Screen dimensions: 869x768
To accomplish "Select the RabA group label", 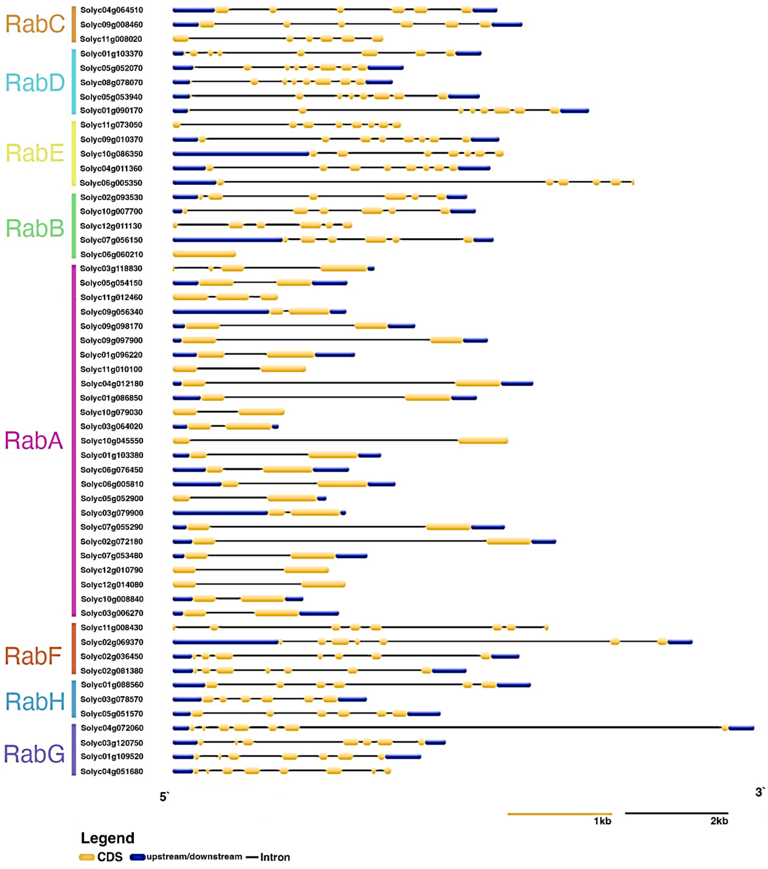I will [x=34, y=440].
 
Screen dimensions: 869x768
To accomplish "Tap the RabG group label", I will [x=34, y=754].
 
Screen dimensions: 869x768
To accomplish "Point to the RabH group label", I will [x=35, y=702].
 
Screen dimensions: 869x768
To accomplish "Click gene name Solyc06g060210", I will [x=111, y=254].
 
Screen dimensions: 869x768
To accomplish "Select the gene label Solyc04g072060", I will [x=112, y=728].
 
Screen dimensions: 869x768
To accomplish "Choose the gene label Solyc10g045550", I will [x=112, y=441].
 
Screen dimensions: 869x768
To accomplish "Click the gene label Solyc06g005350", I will [x=111, y=183].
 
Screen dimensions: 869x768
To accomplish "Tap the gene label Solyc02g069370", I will [x=112, y=642].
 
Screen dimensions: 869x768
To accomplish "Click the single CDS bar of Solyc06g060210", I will [x=204, y=254].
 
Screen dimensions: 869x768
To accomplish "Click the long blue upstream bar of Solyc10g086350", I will [x=240, y=153].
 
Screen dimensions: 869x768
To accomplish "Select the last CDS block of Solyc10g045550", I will [x=483, y=440].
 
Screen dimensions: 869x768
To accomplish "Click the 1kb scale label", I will [x=602, y=821].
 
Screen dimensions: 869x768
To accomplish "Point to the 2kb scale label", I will [x=719, y=821].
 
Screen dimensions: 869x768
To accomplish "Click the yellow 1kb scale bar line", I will [x=559, y=814].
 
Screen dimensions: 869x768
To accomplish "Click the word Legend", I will [x=107, y=838].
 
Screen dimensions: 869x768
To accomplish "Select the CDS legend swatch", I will [x=87, y=857].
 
